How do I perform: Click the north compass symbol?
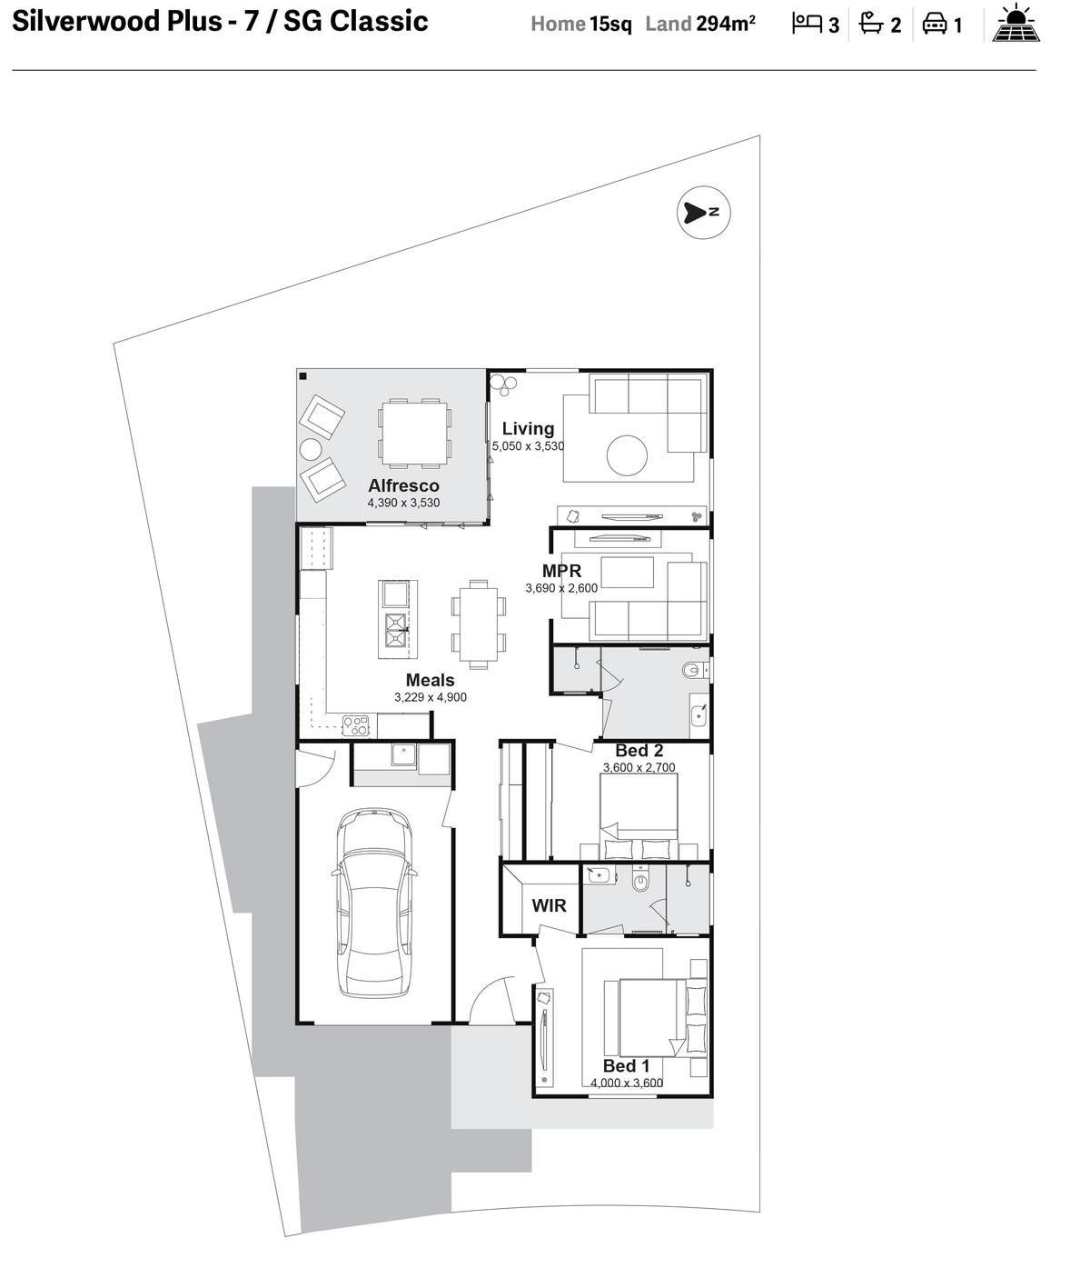(x=703, y=212)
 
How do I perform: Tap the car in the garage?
(x=374, y=902)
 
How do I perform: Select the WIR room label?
(x=549, y=905)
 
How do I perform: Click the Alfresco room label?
(x=403, y=485)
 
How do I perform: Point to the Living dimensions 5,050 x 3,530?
(x=528, y=445)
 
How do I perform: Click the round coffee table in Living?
(x=627, y=455)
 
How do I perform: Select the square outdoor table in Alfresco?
(x=414, y=432)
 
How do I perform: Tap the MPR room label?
(x=561, y=571)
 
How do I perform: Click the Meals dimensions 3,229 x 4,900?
(x=430, y=697)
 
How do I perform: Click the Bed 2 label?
(x=639, y=751)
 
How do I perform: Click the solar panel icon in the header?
(x=1016, y=23)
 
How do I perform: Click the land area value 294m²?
(x=726, y=24)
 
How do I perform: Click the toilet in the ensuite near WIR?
(x=640, y=881)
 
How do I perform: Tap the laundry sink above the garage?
(x=403, y=754)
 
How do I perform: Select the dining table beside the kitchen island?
(x=479, y=624)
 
